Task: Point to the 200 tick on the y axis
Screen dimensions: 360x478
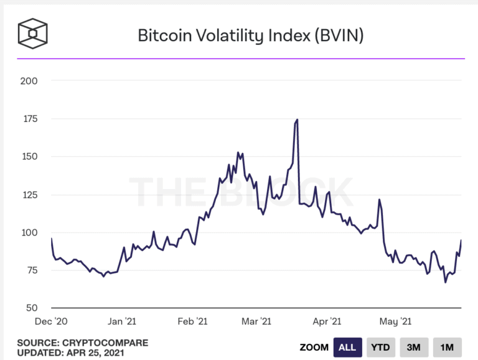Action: [29, 81]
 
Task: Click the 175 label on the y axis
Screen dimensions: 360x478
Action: [29, 119]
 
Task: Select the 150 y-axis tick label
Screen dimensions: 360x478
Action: [29, 157]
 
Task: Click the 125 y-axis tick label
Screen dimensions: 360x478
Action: [29, 195]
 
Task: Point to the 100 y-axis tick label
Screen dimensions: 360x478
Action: [29, 233]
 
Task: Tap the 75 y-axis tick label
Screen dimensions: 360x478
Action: [31, 270]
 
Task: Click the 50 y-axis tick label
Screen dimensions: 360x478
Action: [31, 308]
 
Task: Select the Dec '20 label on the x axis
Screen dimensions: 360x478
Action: [52, 321]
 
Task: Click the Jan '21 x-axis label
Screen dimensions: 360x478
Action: [122, 321]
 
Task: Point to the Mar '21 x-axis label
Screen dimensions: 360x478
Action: [256, 321]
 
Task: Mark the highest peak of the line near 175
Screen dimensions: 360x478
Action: [297, 119]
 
